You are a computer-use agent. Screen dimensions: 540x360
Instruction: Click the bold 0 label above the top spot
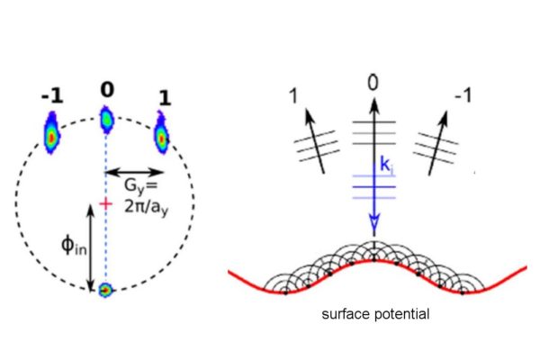(107, 90)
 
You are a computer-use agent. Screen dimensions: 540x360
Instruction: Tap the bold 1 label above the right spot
(165, 98)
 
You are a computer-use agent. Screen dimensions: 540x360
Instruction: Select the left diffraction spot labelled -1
(51, 133)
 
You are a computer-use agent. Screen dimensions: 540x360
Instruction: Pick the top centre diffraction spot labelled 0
(107, 120)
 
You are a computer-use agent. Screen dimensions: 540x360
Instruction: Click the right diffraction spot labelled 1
(161, 133)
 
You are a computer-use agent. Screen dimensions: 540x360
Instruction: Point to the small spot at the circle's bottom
(105, 290)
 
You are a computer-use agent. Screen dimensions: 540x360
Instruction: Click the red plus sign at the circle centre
(105, 204)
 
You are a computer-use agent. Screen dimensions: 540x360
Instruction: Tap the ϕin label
(74, 246)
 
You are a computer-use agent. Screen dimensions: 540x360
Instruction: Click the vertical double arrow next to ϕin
(91, 247)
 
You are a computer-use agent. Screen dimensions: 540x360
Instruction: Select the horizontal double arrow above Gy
(134, 172)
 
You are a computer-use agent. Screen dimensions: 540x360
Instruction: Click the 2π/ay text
(147, 207)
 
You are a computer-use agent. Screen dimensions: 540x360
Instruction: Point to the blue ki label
(386, 165)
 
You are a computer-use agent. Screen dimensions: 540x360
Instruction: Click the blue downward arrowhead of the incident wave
(374, 221)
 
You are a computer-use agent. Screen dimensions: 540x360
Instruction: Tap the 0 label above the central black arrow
(373, 84)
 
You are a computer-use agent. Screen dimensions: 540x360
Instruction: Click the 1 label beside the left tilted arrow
(293, 95)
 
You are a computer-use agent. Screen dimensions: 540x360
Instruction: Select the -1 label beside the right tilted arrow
(463, 94)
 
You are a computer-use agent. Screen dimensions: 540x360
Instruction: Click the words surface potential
(375, 314)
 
